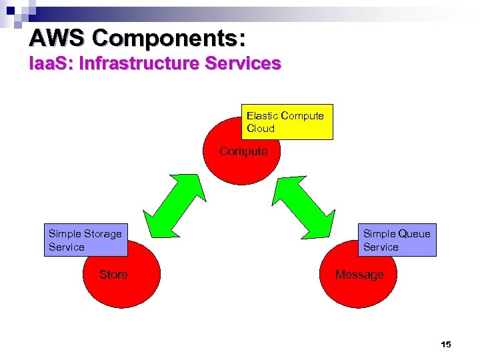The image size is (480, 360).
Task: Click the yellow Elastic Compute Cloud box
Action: point(287,122)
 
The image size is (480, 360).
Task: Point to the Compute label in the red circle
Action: point(243,151)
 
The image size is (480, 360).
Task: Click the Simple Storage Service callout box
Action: point(85,240)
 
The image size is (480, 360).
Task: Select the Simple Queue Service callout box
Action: point(397,240)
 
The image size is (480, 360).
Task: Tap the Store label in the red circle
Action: point(113,275)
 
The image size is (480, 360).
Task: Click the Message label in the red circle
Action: point(359,275)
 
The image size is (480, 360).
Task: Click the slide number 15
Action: point(446,345)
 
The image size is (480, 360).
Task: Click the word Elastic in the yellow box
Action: point(263,116)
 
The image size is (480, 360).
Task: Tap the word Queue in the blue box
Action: point(415,234)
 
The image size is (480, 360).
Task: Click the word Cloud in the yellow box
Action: point(261,129)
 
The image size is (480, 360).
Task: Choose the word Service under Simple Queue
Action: point(381,247)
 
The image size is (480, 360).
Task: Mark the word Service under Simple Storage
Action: point(67,247)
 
